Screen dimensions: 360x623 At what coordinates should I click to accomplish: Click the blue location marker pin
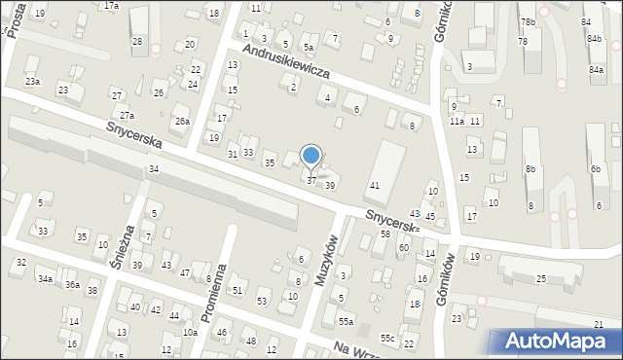coord(311,156)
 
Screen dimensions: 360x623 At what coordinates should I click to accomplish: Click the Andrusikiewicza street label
coord(288,60)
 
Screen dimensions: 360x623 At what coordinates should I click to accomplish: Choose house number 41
coord(374,185)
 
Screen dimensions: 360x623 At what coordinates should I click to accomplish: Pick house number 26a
coord(182,121)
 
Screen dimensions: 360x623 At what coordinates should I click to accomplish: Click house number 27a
coord(127,115)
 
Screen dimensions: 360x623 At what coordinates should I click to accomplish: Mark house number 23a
coord(33,82)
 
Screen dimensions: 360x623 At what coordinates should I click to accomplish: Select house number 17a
coord(112,6)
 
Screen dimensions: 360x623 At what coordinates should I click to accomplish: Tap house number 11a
coord(457,121)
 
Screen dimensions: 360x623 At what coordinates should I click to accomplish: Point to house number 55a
coord(346,321)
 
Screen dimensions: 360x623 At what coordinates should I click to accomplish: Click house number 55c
coord(387,338)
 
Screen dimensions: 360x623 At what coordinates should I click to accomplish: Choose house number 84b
coord(594,39)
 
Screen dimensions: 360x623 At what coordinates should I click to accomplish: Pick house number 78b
coord(528,21)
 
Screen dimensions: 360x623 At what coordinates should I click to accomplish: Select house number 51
coord(237,290)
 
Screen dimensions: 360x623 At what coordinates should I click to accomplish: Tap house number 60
coord(403,248)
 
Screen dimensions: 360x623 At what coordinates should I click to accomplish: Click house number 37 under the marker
coord(311,180)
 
